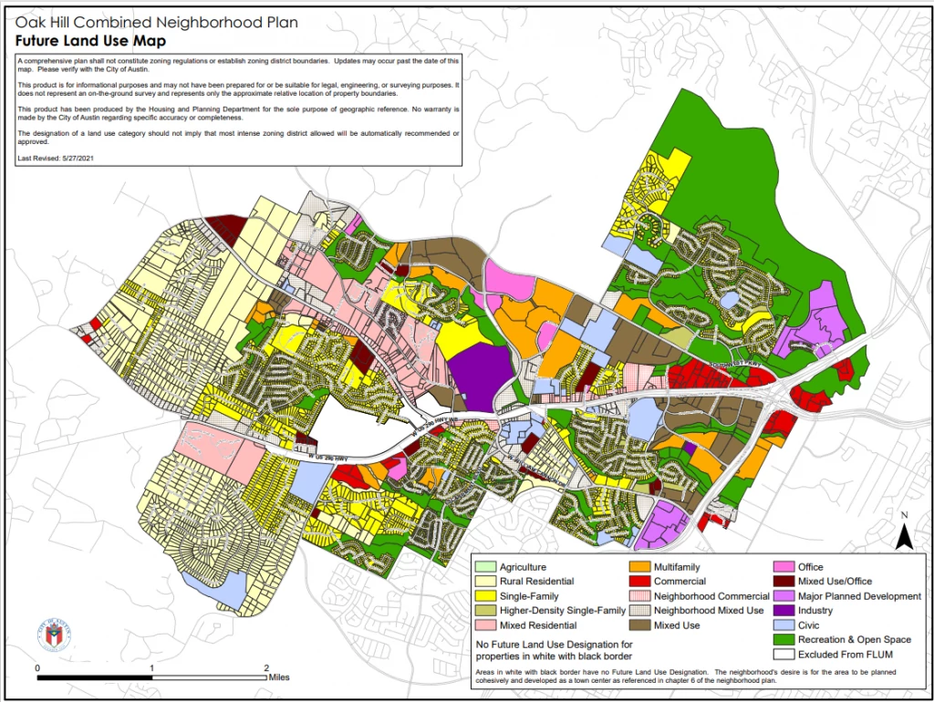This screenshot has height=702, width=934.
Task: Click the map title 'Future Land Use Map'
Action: [x=90, y=41]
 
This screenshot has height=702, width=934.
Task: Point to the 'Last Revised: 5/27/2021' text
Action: [x=57, y=159]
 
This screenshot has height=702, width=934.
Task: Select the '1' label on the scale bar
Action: [x=151, y=667]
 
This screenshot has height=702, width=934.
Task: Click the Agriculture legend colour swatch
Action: [x=484, y=567]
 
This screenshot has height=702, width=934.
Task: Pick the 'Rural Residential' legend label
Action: [x=536, y=582]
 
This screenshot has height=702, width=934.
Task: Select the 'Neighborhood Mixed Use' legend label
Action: [x=709, y=611]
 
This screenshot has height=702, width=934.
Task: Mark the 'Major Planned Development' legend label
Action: [x=859, y=596]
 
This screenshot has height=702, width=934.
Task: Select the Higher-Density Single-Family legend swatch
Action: [x=484, y=611]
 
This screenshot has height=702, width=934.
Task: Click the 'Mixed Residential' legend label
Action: [x=538, y=625]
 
